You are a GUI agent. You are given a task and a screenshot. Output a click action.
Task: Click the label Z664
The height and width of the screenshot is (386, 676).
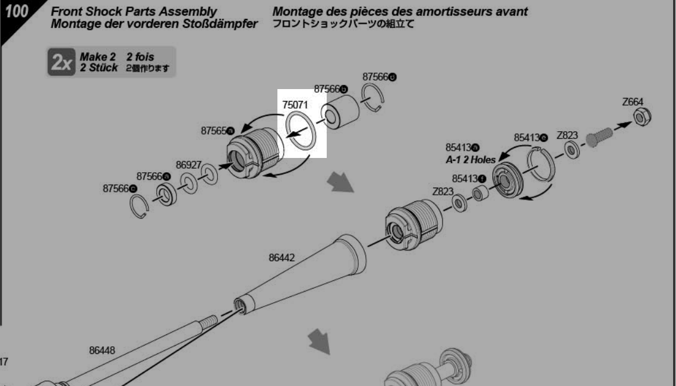point(633,102)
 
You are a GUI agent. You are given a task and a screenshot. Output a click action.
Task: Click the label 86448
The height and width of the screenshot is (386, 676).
point(102,350)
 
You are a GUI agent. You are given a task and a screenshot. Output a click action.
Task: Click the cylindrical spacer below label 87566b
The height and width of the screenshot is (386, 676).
point(341,109)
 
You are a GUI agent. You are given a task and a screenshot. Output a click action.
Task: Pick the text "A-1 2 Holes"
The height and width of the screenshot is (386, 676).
point(470,160)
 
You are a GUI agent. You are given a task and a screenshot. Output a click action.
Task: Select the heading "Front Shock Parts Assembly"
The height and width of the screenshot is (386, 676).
point(134,12)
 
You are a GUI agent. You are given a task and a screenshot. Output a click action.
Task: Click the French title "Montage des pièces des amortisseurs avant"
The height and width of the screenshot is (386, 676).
point(400,12)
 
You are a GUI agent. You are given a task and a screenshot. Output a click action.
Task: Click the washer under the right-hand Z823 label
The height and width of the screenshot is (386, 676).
point(571,150)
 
